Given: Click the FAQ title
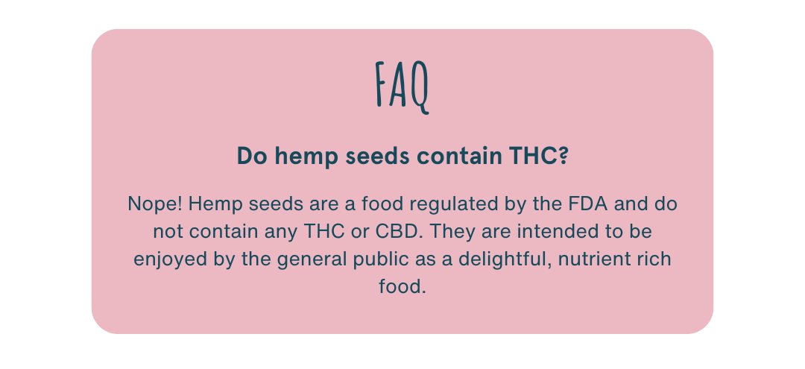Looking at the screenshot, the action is [x=402, y=86].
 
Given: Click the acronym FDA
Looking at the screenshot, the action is [x=588, y=204].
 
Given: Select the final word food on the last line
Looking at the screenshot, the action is [x=402, y=286].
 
